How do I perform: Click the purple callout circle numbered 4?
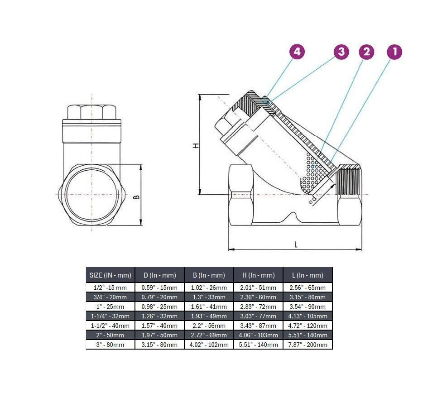point(297,52)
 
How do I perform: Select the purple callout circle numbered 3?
point(341,52)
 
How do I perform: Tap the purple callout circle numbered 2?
point(366,52)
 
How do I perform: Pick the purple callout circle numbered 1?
point(394,52)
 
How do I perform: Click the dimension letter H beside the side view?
point(196,145)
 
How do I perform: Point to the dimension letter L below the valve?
point(296,245)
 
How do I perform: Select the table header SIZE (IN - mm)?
point(110,275)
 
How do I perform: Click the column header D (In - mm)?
point(159,275)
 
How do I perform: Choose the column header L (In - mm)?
point(308,275)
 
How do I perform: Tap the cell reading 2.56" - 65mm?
point(308,288)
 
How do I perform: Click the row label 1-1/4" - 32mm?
point(110,316)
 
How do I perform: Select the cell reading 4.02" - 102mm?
point(209,345)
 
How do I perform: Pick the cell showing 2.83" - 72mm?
point(258,307)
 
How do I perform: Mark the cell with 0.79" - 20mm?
point(159,297)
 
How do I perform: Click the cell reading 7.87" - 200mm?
point(308,345)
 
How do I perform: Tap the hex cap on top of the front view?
point(91,111)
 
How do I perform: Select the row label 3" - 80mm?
point(110,345)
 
